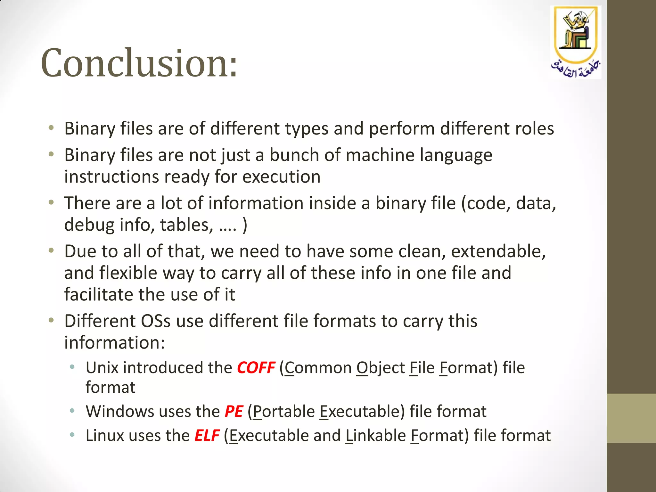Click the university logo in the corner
click(x=576, y=42)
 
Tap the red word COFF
click(x=256, y=367)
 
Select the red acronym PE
click(x=234, y=411)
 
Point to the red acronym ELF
click(x=207, y=435)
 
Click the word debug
click(x=89, y=225)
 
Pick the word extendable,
click(x=498, y=251)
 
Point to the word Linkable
click(x=375, y=435)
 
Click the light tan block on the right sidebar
click(x=631, y=418)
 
